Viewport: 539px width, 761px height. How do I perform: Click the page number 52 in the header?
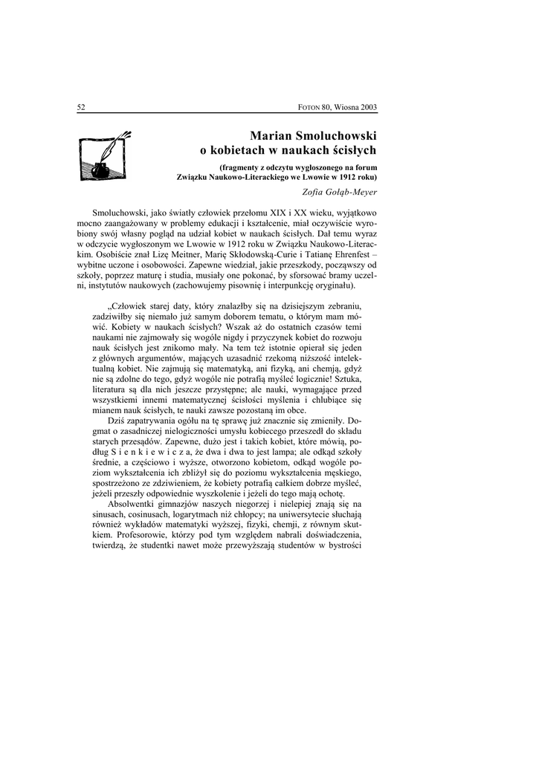(x=81, y=107)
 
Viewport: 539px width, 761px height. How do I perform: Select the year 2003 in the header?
(x=367, y=107)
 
